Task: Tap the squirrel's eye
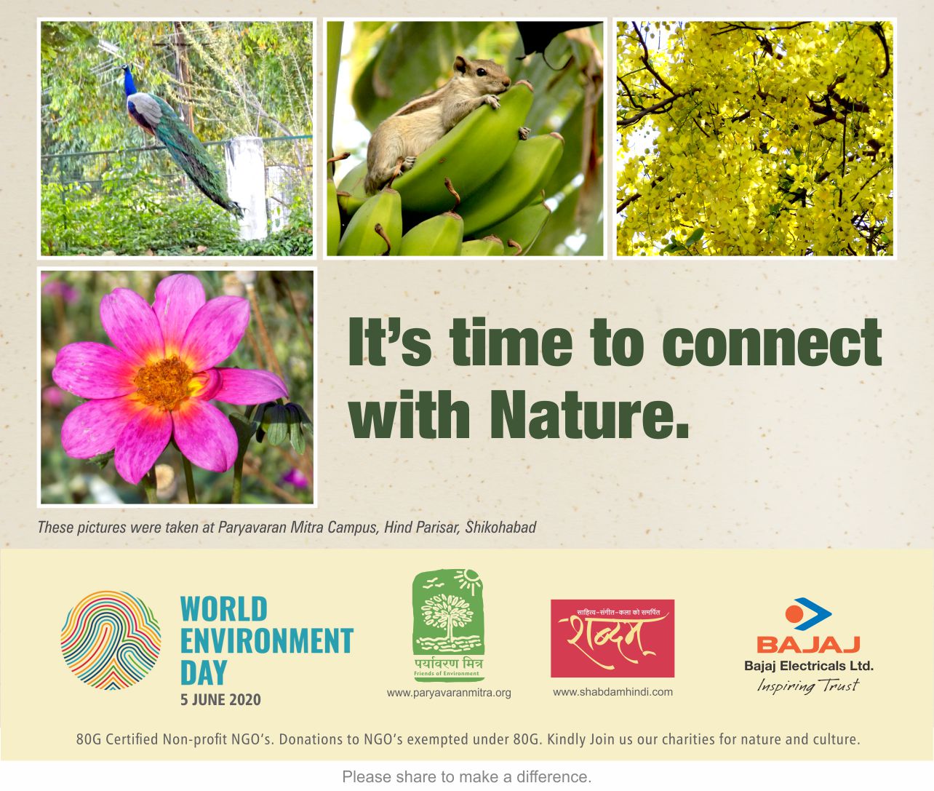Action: pyautogui.click(x=482, y=72)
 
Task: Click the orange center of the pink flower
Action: pyautogui.click(x=164, y=382)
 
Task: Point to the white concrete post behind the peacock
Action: pyautogui.click(x=245, y=188)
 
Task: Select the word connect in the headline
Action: pyautogui.click(x=772, y=342)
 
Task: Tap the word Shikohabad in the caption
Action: pyautogui.click(x=500, y=528)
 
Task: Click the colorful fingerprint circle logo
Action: pyautogui.click(x=111, y=640)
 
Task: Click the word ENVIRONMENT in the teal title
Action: pyautogui.click(x=267, y=640)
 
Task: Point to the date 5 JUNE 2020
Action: pyautogui.click(x=220, y=700)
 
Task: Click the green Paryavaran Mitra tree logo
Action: pyautogui.click(x=448, y=625)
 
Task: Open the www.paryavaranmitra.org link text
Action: pyautogui.click(x=449, y=693)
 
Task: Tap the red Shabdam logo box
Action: pyautogui.click(x=612, y=638)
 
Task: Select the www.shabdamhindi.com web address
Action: pyautogui.click(x=612, y=692)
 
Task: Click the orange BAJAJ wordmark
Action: pyautogui.click(x=808, y=645)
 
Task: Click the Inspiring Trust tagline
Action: pyautogui.click(x=807, y=685)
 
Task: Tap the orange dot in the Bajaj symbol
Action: pyautogui.click(x=794, y=614)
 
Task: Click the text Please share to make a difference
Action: pyautogui.click(x=467, y=776)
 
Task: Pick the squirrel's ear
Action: pyautogui.click(x=460, y=64)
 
